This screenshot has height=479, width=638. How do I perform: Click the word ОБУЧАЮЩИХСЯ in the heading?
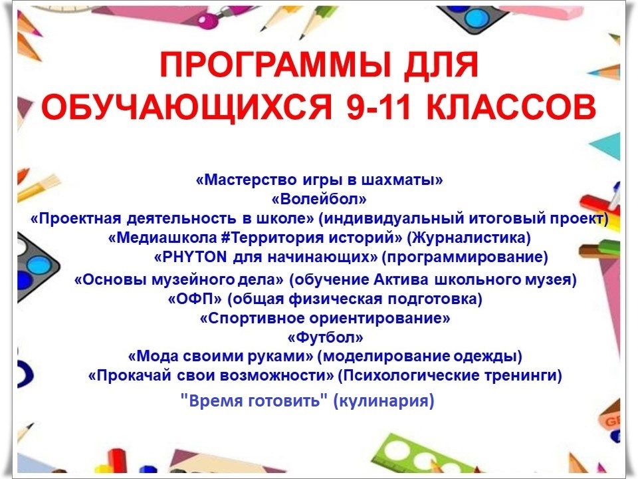[x=187, y=108]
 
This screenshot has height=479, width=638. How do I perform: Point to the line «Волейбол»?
[x=318, y=199]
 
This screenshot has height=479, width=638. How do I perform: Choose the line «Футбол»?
[x=325, y=337]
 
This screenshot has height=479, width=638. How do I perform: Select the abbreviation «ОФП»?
[x=195, y=299]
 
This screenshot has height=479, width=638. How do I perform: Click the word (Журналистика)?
[x=469, y=238]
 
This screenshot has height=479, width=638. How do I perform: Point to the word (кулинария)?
[x=383, y=400]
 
